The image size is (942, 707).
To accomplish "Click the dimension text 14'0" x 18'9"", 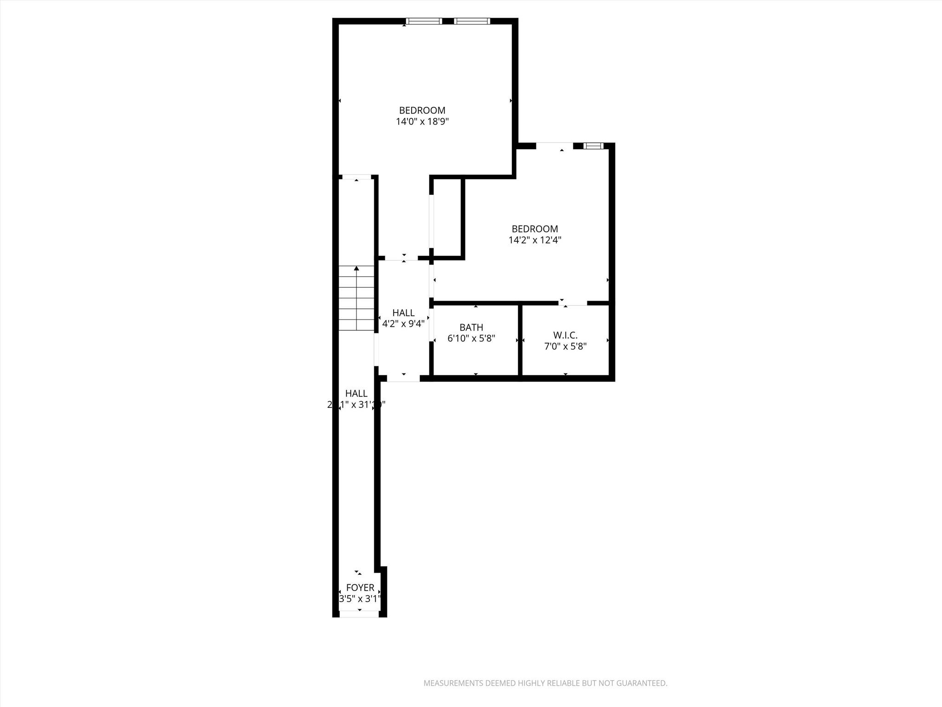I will click(x=422, y=122).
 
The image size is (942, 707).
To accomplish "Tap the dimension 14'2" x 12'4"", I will click(x=535, y=240).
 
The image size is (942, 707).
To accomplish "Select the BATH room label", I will click(x=471, y=327).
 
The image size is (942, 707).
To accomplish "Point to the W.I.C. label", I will click(x=565, y=335).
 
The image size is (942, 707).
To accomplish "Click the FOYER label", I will click(x=360, y=588).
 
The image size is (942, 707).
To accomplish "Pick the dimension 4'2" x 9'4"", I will click(x=403, y=324).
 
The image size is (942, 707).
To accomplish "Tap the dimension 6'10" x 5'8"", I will click(x=471, y=339).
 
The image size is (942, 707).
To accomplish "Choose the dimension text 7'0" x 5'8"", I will click(x=565, y=347).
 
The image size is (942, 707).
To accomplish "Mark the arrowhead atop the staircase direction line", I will click(x=356, y=268).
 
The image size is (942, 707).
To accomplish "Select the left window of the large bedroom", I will click(x=424, y=21).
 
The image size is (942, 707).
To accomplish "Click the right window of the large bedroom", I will click(x=472, y=21).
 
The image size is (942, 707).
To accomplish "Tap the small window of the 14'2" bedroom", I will click(x=593, y=146).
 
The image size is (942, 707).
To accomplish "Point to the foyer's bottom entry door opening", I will click(x=359, y=614).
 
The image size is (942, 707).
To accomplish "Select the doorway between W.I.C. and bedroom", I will click(x=573, y=303).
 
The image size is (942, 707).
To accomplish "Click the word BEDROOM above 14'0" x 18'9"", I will click(x=422, y=110).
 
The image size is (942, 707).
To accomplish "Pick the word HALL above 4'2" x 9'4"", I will click(x=403, y=313).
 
